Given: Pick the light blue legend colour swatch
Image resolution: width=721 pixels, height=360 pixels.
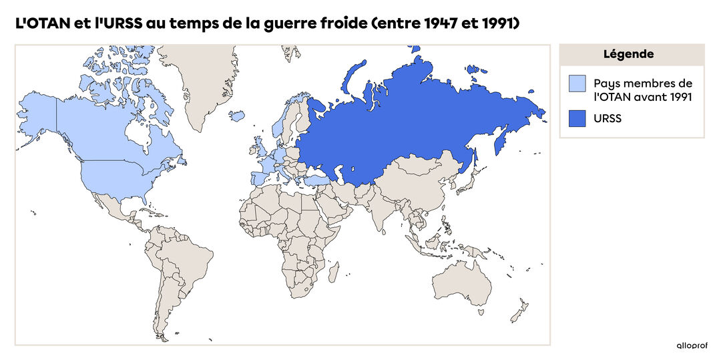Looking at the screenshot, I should [x=577, y=83].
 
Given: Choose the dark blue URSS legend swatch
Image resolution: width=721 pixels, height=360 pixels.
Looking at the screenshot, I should [x=577, y=119].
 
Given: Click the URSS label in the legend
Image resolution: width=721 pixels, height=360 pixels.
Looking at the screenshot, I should [x=608, y=119].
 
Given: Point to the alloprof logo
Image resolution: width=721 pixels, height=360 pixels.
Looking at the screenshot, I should [x=691, y=345].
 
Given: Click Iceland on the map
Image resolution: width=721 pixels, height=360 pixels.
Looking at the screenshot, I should [x=237, y=116].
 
